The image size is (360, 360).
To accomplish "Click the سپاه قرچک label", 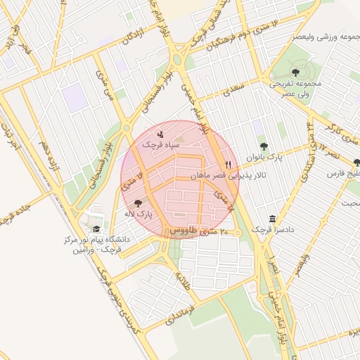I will [x=161, y=144].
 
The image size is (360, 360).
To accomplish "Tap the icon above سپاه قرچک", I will [x=161, y=132].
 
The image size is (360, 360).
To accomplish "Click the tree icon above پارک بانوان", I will [x=264, y=147].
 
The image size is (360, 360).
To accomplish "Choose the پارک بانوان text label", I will [x=264, y=157].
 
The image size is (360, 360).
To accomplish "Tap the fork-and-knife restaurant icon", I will [x=227, y=164].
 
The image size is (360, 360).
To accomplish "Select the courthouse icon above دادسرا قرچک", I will [x=273, y=219].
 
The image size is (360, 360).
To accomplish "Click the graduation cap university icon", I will [x=96, y=229].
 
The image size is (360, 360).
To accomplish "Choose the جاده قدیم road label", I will [x=13, y=214].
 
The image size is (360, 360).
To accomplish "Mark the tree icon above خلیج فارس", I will [x=356, y=162].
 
